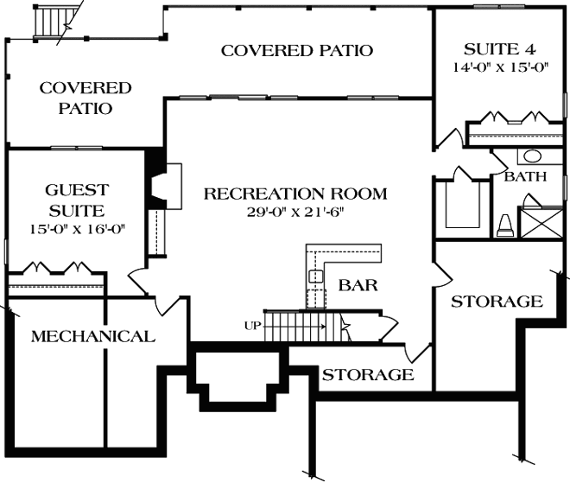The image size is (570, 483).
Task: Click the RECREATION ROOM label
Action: [x=294, y=194]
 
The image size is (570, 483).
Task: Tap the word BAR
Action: [x=357, y=284]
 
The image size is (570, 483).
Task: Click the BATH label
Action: [x=525, y=178]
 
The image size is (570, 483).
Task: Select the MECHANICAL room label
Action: [x=93, y=336]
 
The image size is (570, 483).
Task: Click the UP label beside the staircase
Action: [x=251, y=326]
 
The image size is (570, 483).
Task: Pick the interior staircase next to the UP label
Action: [x=294, y=327]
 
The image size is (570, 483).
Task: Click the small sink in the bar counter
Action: [x=316, y=277]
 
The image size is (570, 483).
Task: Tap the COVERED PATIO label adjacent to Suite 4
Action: [x=297, y=50]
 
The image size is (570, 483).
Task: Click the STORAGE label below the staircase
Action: [x=368, y=375]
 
